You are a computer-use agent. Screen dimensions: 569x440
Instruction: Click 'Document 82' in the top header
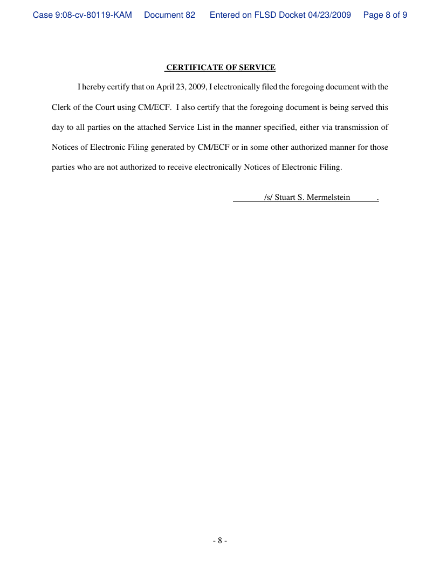[170, 15]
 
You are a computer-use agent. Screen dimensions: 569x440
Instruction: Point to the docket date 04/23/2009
[329, 15]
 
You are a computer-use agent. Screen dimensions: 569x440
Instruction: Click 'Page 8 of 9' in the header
[385, 15]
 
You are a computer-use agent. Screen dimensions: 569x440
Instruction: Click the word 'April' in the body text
[166, 87]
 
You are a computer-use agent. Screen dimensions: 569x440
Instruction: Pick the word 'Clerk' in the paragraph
[61, 107]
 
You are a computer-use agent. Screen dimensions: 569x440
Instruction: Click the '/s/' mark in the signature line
[269, 197]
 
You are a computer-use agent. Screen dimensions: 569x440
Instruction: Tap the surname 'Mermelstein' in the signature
[328, 197]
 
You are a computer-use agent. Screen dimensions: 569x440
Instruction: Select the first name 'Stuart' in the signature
[285, 197]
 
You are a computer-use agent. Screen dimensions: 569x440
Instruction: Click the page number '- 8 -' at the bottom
[219, 540]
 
